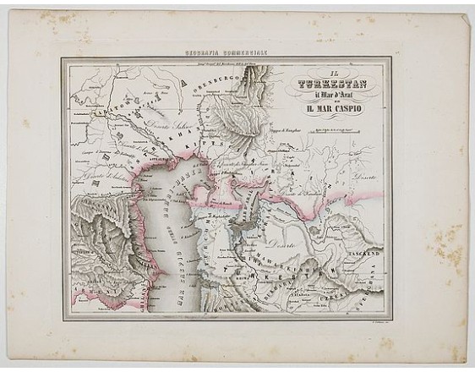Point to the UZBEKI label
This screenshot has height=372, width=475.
coord(355,292)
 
